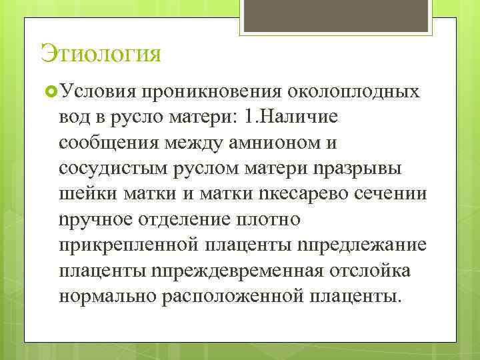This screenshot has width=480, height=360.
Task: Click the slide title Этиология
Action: point(101,53)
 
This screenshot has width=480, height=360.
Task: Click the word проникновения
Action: point(211,91)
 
